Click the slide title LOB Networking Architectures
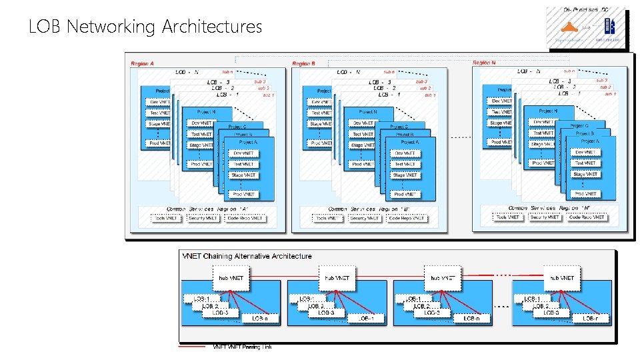145,27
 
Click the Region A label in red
142,64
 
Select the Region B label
303,64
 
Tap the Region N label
484,63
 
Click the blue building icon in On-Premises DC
608,26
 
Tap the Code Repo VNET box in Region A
245,218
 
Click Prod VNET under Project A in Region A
243,194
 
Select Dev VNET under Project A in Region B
405,153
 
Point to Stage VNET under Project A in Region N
585,174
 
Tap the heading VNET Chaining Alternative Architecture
247,256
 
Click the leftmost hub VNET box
230,277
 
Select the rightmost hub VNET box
561,277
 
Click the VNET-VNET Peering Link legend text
242,347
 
